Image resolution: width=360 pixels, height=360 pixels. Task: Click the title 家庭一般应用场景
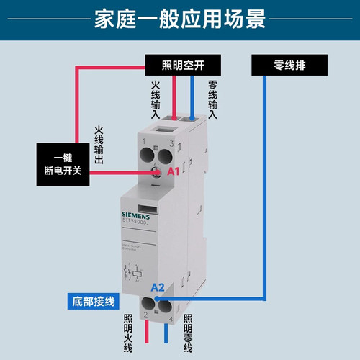coord(179,19)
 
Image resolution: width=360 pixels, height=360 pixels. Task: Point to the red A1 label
coord(173,174)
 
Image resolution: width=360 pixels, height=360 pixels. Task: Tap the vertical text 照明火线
coord(127,332)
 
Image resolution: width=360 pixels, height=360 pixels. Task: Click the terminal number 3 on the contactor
coord(171,143)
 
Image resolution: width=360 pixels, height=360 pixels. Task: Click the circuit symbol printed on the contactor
coord(134,274)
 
